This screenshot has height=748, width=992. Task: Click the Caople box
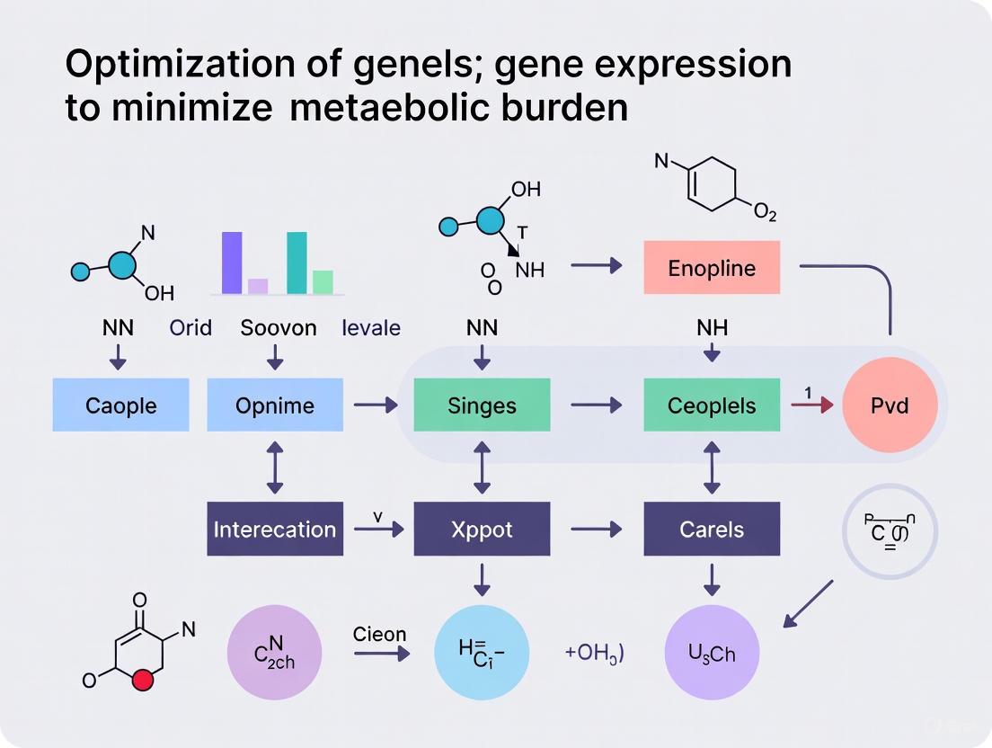click(120, 405)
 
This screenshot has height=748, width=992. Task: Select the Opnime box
click(275, 405)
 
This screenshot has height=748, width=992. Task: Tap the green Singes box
click(482, 405)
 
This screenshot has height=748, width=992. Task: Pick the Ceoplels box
click(712, 405)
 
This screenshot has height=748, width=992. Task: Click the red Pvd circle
click(890, 405)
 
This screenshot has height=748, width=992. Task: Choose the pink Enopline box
click(712, 268)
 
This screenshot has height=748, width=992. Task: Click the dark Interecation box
click(275, 529)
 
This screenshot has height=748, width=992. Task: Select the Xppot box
click(482, 529)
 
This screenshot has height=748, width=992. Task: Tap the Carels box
click(712, 529)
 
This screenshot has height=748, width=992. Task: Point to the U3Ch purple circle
click(712, 654)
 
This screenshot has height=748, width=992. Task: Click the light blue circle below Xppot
click(482, 654)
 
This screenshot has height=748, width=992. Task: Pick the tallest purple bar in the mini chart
click(232, 263)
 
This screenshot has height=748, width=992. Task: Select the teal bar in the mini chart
click(297, 263)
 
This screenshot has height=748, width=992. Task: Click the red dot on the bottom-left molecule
click(140, 681)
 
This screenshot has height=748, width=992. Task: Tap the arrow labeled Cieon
click(381, 654)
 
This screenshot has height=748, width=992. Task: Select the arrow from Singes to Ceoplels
click(597, 405)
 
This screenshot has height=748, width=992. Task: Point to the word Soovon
click(279, 328)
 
